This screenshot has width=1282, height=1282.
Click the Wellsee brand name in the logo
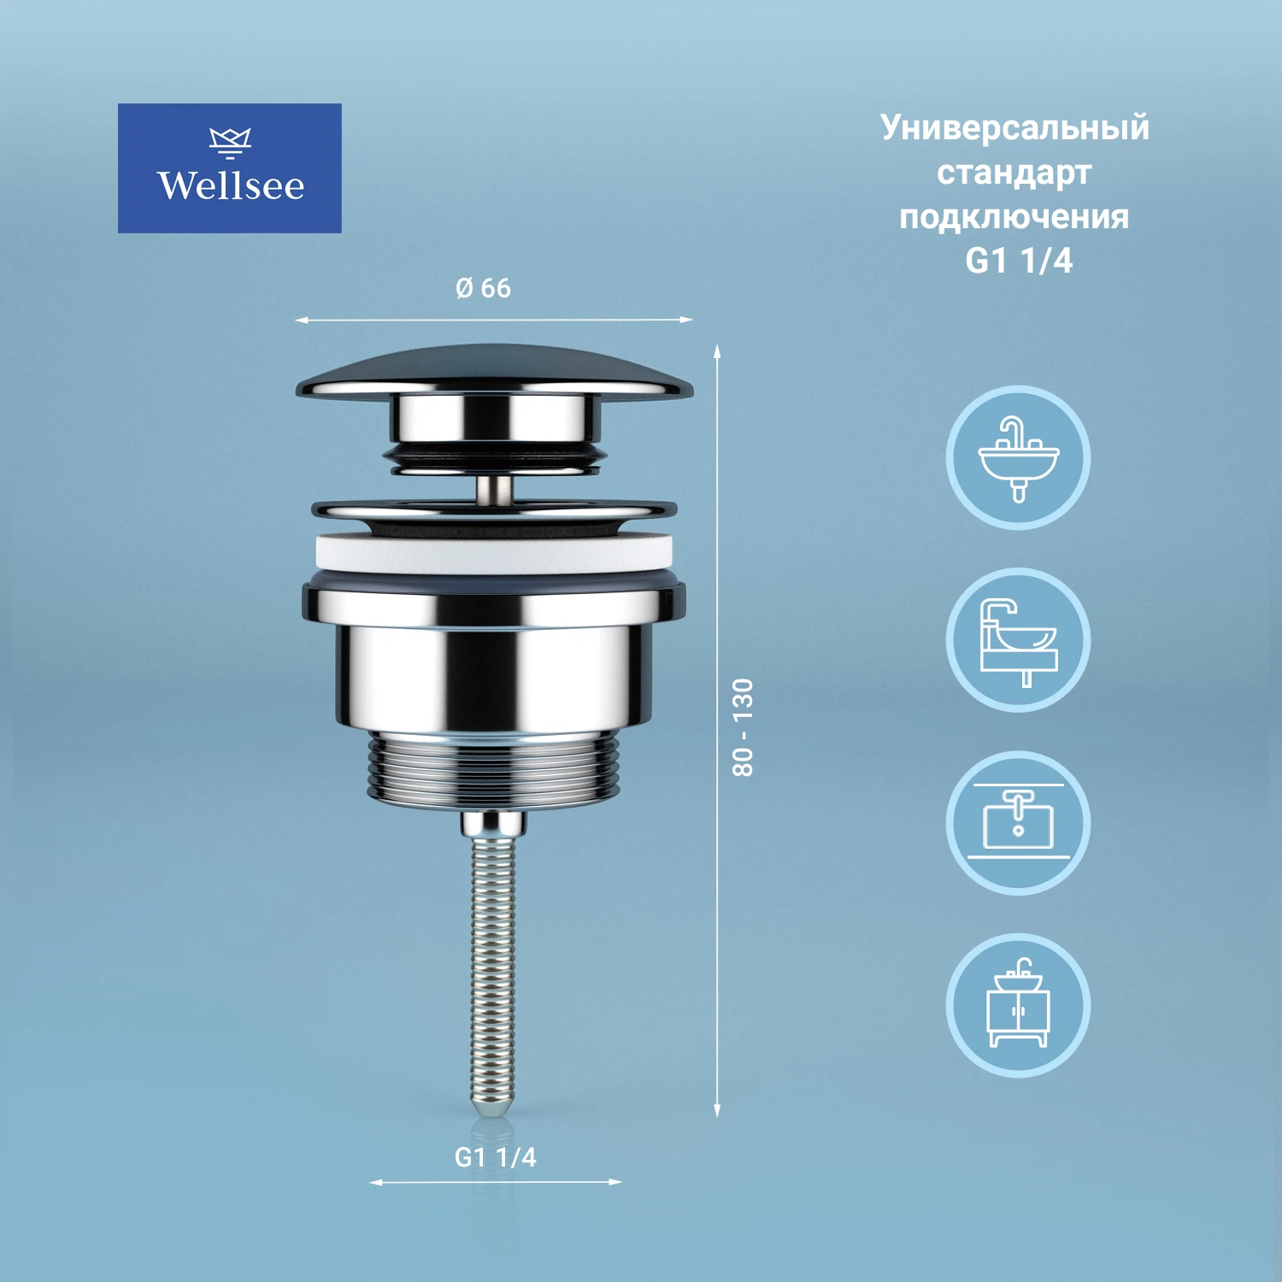pyautogui.click(x=230, y=185)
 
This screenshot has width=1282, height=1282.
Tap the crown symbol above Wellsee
pyautogui.click(x=230, y=142)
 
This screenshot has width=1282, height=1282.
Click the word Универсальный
pyautogui.click(x=1014, y=128)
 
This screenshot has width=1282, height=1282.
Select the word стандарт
pyautogui.click(x=1014, y=173)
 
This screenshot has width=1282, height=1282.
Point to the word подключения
pyautogui.click(x=1014, y=217)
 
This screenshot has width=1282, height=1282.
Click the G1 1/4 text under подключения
pyautogui.click(x=1019, y=261)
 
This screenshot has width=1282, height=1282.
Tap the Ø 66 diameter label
pyautogui.click(x=483, y=288)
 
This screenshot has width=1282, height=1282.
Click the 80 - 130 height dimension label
pyautogui.click(x=743, y=727)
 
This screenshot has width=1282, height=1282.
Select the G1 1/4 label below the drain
pyautogui.click(x=495, y=1157)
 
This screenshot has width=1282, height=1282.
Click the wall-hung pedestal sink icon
pyautogui.click(x=1018, y=457)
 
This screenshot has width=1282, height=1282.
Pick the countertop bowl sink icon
pyautogui.click(x=1018, y=640)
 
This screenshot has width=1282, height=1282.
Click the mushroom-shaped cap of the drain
pyautogui.click(x=494, y=373)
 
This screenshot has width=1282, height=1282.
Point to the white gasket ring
pyautogui.click(x=494, y=553)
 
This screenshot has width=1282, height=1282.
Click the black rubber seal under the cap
pyautogui.click(x=494, y=457)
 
